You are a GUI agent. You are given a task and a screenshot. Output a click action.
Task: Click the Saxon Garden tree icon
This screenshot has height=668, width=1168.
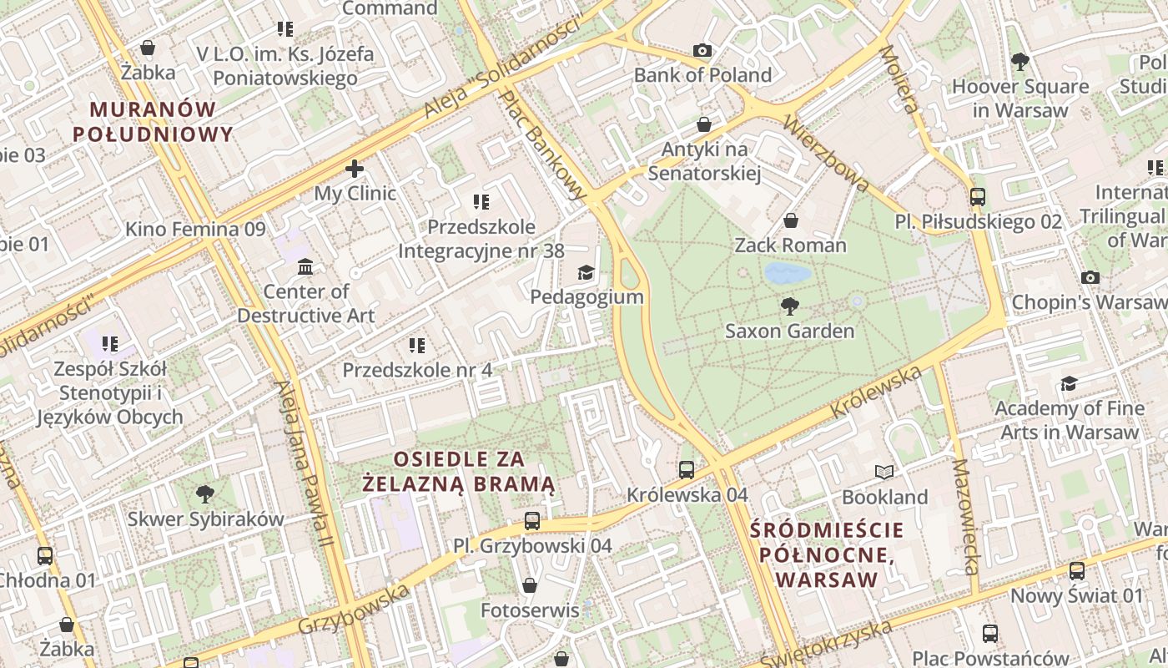coord(789,306)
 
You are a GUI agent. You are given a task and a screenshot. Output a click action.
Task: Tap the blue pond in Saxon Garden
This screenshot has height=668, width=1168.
coord(787,273)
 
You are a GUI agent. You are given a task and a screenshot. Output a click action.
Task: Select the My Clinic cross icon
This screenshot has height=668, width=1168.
coord(355,169)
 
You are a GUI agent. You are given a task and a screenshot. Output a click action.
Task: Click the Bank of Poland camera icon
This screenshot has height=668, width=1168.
coord(702,50)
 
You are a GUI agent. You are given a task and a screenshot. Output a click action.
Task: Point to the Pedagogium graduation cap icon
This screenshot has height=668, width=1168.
coord(587,272)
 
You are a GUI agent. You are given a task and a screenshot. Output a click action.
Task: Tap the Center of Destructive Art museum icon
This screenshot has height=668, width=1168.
coord(305,266)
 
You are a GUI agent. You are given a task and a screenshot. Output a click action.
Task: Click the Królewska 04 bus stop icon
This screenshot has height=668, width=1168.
coord(687,469)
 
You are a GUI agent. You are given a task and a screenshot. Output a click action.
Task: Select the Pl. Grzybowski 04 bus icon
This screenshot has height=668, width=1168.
coord(532,521)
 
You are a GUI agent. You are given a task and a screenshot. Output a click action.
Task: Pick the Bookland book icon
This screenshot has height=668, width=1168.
coord(884,473)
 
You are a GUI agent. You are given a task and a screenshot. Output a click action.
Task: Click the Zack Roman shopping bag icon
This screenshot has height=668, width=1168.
coord(790,220)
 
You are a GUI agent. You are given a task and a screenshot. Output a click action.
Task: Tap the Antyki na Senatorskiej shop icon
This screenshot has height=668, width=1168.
coord(704,124)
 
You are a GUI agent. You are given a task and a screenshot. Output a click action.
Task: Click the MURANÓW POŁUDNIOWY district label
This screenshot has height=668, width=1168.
coord(153,122)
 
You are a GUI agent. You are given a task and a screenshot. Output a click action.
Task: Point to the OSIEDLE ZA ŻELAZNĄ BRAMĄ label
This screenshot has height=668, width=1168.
coord(459,471)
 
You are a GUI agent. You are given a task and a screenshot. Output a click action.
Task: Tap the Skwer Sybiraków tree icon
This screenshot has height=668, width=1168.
coord(204,494)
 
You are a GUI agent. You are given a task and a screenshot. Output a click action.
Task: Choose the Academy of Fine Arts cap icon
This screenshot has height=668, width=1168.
coord(1069,383)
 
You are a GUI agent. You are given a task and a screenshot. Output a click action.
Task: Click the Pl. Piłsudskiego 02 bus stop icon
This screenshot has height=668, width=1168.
coord(978,197)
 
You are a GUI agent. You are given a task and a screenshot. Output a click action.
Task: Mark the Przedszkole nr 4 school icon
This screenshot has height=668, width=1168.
coord(417,345)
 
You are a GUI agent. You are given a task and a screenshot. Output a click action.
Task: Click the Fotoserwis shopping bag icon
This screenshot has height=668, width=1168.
coord(529,585)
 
